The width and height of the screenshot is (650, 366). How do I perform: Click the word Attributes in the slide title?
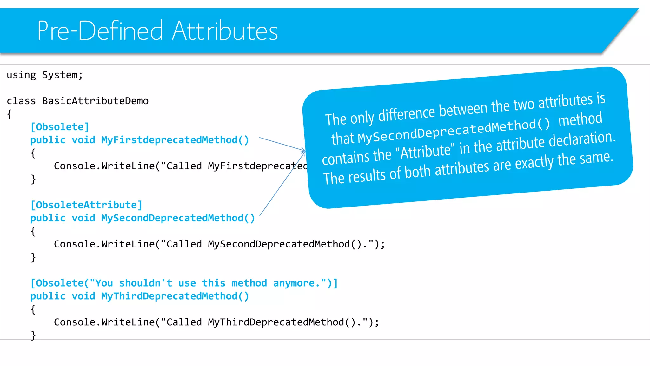point(225,31)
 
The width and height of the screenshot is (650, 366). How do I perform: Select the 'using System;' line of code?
point(45,75)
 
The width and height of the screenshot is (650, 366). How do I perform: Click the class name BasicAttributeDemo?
point(95,101)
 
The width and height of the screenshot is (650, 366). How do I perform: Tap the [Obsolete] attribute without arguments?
point(60,127)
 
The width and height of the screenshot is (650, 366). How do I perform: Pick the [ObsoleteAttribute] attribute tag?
point(86,205)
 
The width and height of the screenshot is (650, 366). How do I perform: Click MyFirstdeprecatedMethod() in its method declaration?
point(175,140)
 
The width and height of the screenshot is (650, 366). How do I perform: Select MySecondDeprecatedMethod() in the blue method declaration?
point(178,218)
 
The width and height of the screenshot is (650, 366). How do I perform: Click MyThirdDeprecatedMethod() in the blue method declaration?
point(175,296)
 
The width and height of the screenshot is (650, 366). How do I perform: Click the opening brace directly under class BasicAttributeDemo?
point(10,114)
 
